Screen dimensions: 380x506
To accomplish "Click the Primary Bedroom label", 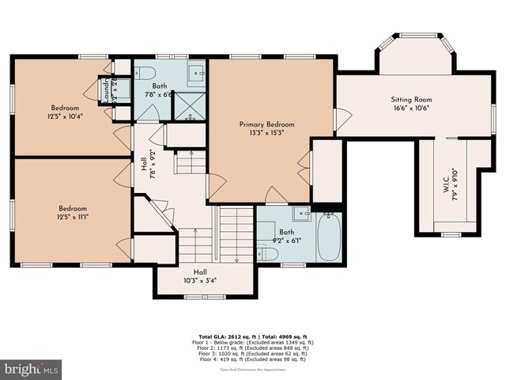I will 266,124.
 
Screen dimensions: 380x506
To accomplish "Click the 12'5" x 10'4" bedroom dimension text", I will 65,116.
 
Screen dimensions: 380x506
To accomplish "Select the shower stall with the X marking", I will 190,106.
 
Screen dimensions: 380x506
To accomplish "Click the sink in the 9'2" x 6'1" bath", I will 301,213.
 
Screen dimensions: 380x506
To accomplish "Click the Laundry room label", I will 104,89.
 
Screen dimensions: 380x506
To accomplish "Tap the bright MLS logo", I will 32,369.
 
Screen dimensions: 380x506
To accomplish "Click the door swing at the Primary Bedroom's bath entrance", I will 276,195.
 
